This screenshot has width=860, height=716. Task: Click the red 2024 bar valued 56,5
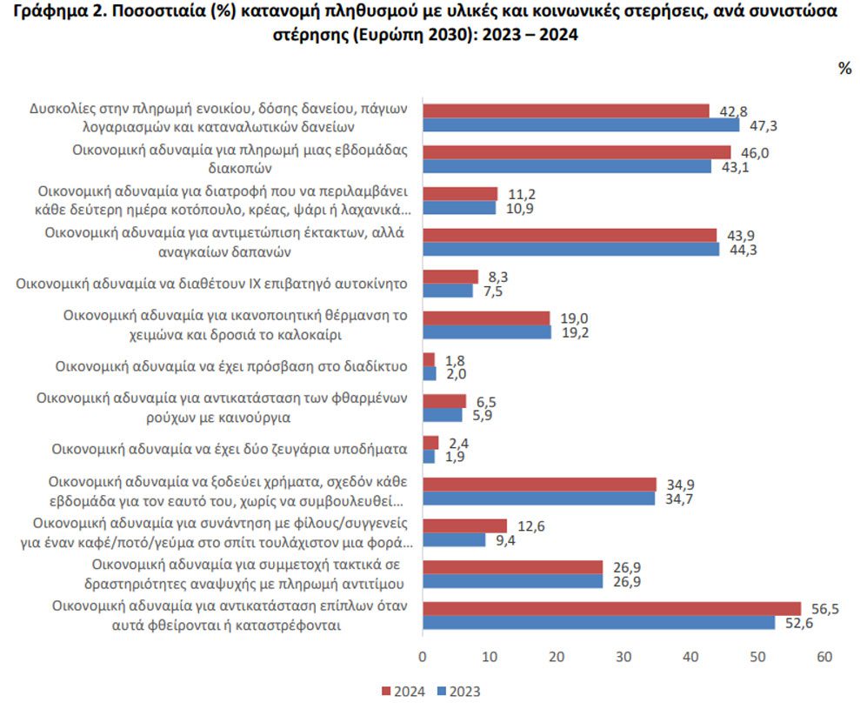611,608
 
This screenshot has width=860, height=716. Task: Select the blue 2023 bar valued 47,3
581,125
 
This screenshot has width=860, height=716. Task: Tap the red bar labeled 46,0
577,152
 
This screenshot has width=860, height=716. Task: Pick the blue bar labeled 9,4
454,540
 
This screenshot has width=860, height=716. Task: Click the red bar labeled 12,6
464,525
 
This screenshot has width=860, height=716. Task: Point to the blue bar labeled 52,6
599,623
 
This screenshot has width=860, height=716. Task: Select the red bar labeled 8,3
450,277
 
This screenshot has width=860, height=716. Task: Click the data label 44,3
743,250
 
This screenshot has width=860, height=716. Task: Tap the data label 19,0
574,318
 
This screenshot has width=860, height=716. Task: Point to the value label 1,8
455,360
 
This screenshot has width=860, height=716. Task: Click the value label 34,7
679,499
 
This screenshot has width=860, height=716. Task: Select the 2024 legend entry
403,692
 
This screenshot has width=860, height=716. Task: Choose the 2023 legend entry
458,692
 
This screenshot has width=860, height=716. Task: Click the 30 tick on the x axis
623,657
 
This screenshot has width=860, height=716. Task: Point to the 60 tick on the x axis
824,657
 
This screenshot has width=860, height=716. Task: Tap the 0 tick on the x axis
423,657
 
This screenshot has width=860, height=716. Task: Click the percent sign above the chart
844,68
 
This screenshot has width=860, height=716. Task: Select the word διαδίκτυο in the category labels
376,366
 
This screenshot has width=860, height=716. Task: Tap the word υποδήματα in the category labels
374,450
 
